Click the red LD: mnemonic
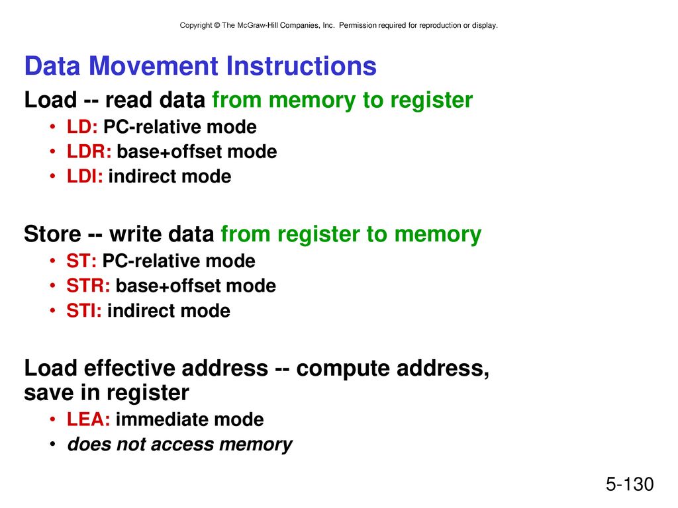pos(82,127)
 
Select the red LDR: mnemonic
pos(89,151)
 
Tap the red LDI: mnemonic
pos(85,176)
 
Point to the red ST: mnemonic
pos(81,261)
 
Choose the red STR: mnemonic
pos(88,286)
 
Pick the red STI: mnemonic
pos(84,311)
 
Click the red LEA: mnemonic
pos(88,419)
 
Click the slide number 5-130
pos(630,484)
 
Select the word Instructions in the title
pos(301,66)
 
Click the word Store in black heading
pos(52,234)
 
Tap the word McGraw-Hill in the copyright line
pos(258,26)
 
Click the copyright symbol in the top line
pos(217,26)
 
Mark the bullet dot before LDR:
pos(52,151)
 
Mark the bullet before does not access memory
pos(52,444)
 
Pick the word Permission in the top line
pos(358,26)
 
